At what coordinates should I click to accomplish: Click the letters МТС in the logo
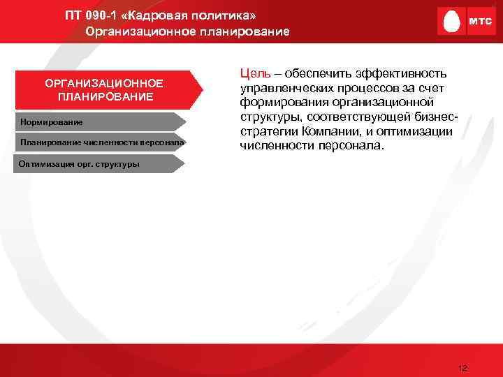point(479,22)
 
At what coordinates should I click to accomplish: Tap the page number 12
point(462,367)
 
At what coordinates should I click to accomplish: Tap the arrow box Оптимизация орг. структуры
point(91,165)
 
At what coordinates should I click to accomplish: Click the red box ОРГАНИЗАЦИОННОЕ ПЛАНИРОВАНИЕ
point(105,90)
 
